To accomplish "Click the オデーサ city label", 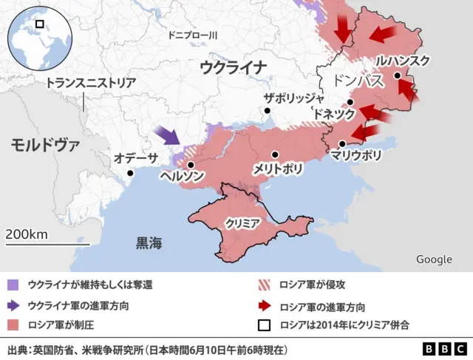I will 136,157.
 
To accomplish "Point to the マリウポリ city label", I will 356,155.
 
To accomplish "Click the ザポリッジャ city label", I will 294,98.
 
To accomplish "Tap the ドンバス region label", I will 358,81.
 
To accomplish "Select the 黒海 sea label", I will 149,242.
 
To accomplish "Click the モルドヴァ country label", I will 44,144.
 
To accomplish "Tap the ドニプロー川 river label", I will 191,35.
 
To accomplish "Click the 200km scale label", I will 27,234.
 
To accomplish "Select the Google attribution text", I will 434,259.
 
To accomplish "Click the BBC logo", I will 443,348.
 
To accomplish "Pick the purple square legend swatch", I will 13,284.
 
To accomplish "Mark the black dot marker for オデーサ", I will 130,173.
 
